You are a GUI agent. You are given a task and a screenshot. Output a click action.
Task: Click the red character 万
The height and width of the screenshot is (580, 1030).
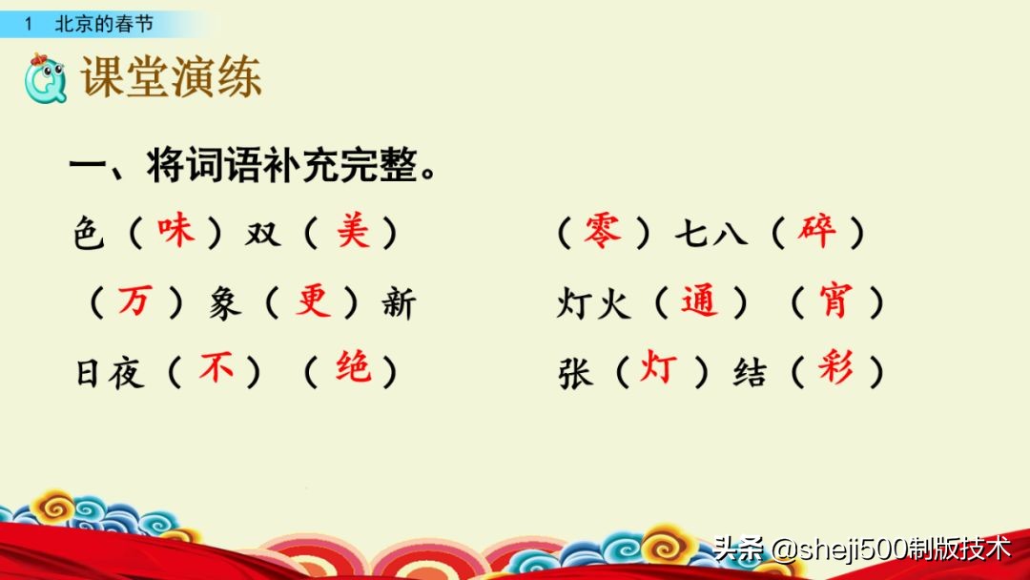pos(134,301)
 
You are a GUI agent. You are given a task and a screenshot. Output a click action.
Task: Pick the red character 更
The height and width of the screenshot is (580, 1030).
pos(313,301)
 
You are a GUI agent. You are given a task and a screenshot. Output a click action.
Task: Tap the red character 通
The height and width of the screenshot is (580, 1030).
pos(700,301)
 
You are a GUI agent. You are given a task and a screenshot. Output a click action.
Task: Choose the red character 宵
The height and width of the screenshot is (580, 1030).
pos(836,301)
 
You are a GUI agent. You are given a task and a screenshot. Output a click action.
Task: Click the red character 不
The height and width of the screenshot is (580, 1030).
pos(216,369)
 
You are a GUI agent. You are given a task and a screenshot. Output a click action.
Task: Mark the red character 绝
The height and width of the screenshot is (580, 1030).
pos(353,369)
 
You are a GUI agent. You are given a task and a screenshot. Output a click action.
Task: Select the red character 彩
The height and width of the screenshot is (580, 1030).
pos(836,369)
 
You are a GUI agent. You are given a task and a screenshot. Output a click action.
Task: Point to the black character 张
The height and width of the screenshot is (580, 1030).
pos(576,372)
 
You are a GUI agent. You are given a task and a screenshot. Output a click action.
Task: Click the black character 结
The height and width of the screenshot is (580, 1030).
pos(751,372)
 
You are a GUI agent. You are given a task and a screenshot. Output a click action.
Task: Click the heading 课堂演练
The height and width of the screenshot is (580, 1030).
pos(172,79)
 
